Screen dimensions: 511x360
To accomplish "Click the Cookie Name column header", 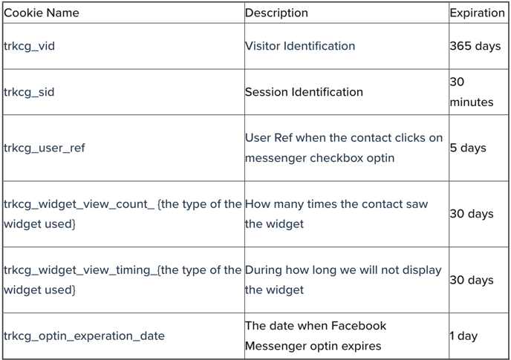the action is coord(42,13).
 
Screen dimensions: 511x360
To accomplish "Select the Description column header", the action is coord(276,13).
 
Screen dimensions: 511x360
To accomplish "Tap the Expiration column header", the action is coord(477,13).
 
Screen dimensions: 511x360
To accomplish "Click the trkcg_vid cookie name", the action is coord(29,46).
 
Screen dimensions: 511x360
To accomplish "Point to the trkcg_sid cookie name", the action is coord(29,92).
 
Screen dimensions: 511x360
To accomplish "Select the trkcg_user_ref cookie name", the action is coord(45,148).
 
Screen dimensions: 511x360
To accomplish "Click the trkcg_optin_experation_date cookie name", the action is coord(84,336).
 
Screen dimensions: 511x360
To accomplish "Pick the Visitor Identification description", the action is coord(300,46).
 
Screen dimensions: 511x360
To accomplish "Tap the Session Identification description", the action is coord(304,92).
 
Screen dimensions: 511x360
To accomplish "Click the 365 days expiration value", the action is coord(475,46).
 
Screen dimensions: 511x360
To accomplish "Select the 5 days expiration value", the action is coord(468,148).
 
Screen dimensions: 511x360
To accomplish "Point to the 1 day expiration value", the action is coord(463,336).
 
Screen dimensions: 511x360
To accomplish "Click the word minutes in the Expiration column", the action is coord(472,102).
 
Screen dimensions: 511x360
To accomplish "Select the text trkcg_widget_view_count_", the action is coord(79,204).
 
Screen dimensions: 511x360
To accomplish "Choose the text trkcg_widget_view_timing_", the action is coord(80,270).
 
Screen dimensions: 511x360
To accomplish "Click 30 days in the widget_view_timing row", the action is coord(472,280).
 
